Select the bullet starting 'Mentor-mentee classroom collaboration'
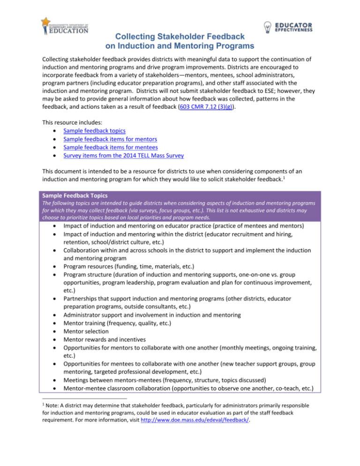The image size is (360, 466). click(187, 405)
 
